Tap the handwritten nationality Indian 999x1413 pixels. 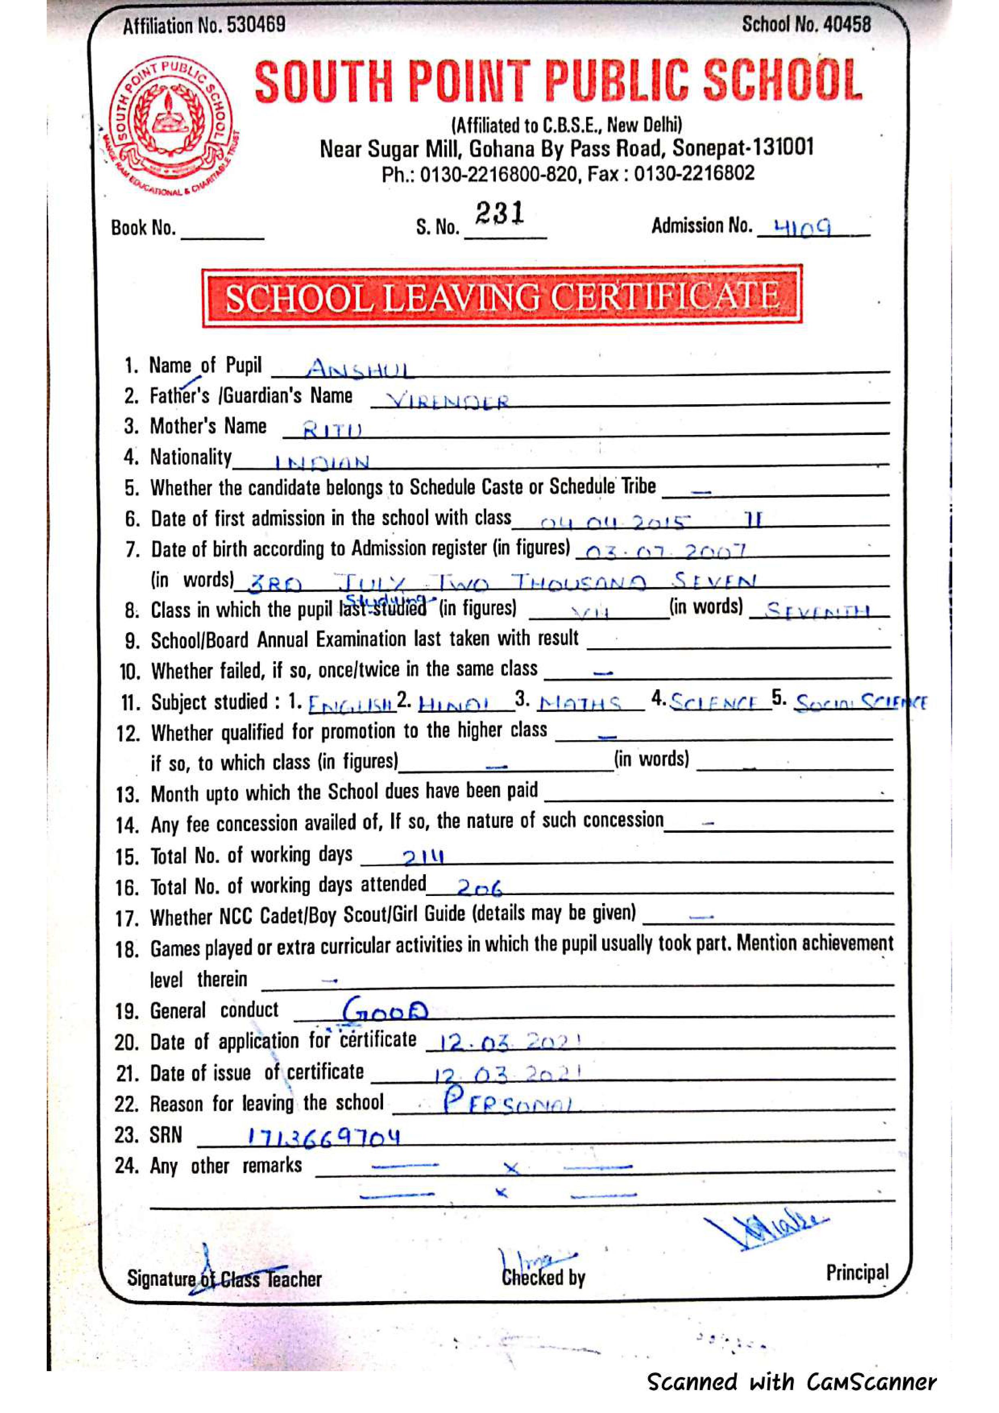click(x=321, y=461)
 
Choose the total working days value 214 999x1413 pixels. click(x=423, y=856)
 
